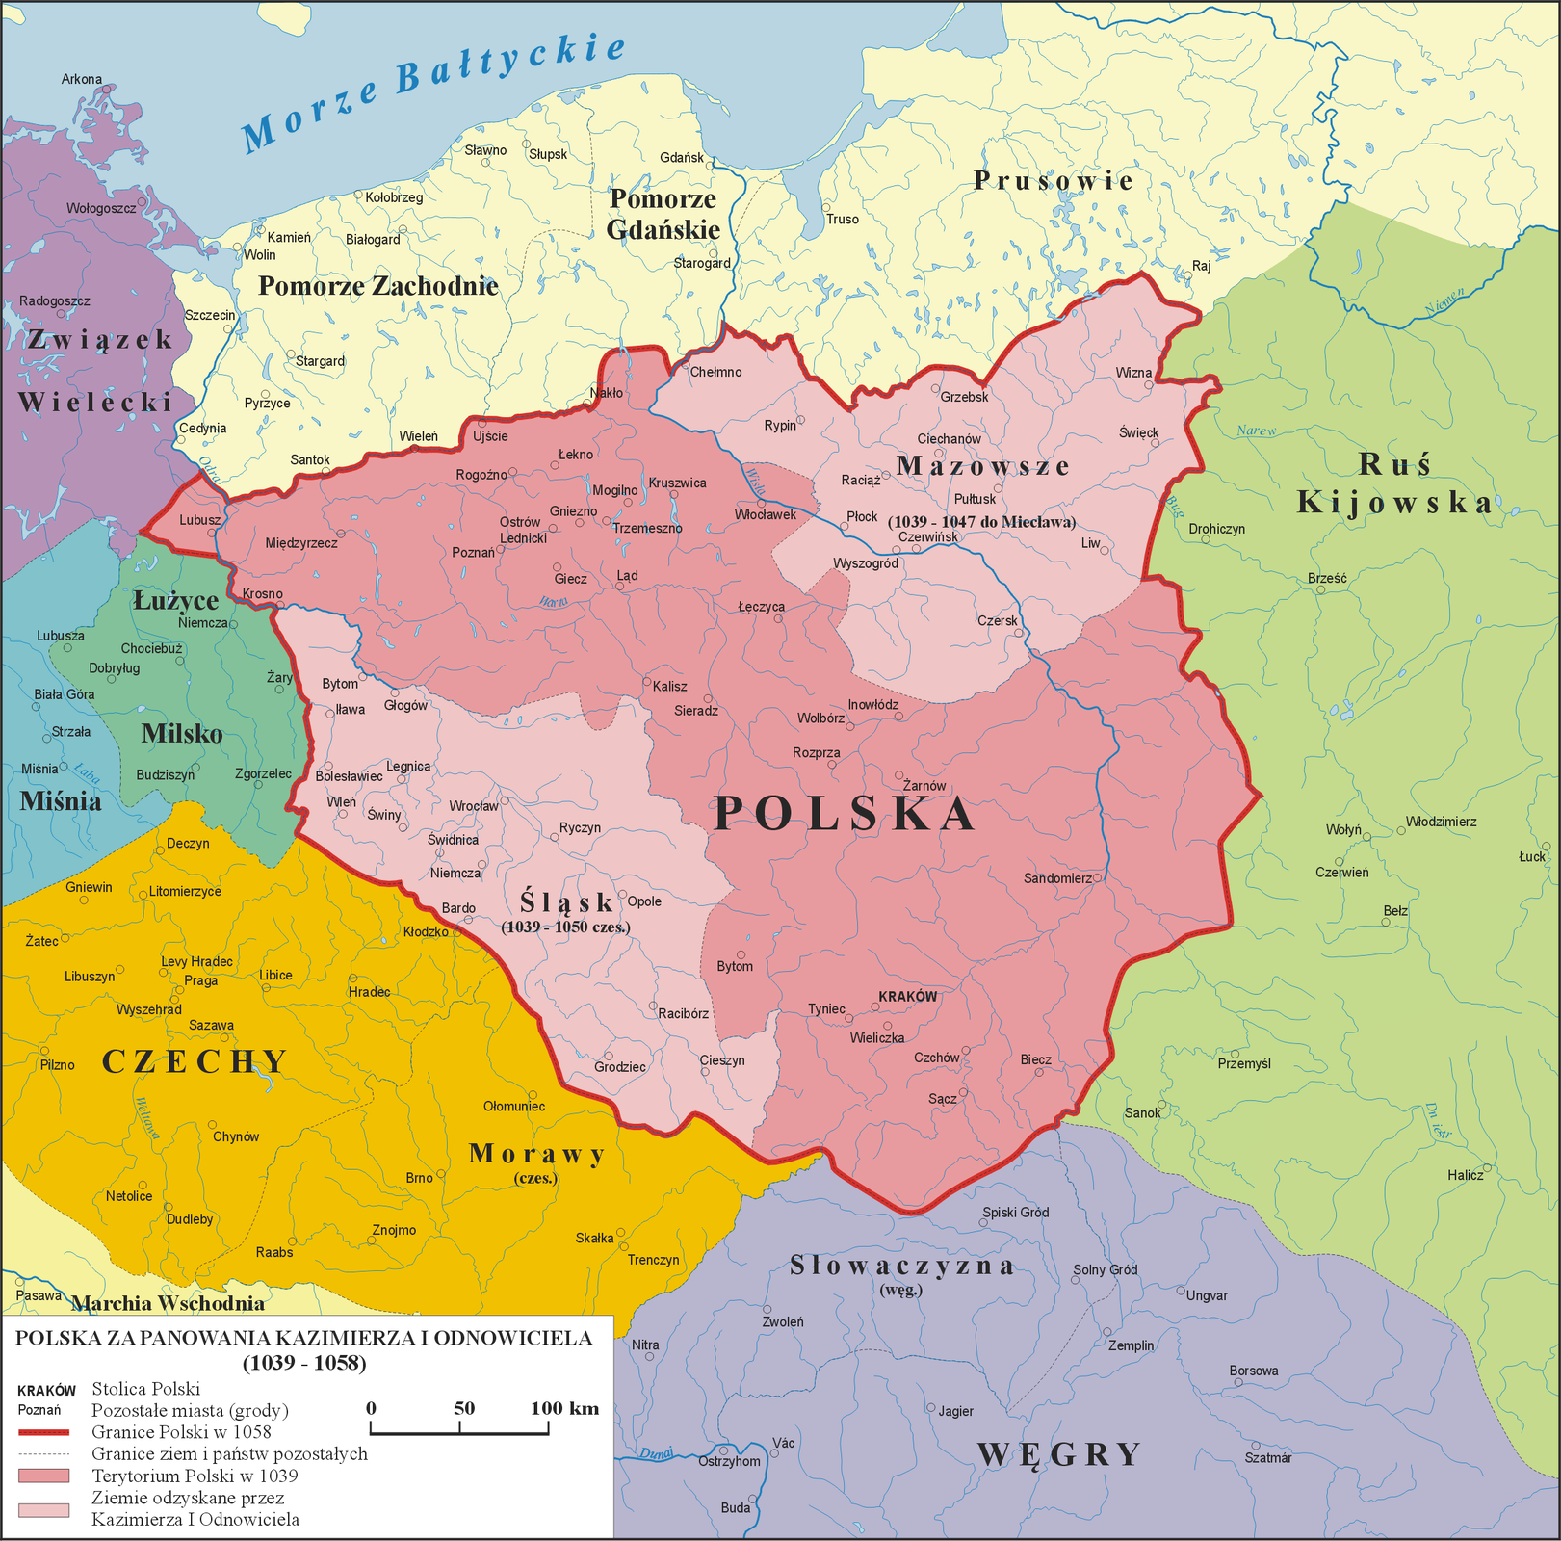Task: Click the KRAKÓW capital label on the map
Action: (907, 996)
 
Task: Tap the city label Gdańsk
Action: (682, 158)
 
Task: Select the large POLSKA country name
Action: (846, 814)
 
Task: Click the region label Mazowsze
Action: (983, 466)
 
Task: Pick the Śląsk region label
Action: (566, 902)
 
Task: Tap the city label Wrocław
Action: (474, 805)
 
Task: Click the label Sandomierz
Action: (1057, 878)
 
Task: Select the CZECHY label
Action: (195, 1061)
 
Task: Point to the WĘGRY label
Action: (1059, 1454)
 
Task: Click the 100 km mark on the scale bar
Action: (564, 1408)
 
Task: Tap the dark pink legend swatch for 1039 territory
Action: (43, 1476)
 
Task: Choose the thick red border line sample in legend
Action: (43, 1432)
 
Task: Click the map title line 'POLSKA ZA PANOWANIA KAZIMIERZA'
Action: (304, 1338)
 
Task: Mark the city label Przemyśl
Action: (1244, 1063)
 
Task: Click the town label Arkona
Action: (82, 79)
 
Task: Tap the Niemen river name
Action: (1444, 300)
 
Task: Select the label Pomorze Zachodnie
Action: (378, 286)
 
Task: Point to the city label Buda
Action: (735, 1507)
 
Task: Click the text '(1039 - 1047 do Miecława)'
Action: (981, 522)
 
